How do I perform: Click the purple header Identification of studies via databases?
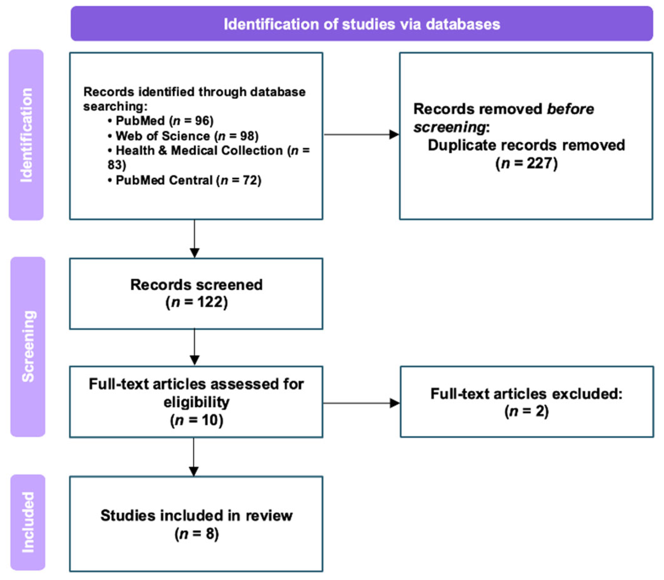tap(361, 24)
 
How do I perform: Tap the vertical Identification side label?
tap(26, 135)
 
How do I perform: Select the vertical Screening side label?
tap(28, 346)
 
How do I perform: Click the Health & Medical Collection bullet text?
tap(199, 151)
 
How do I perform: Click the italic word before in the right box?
tap(570, 109)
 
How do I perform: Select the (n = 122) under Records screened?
tap(196, 302)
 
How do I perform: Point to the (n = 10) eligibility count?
tap(196, 420)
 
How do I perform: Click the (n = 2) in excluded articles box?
tap(526, 411)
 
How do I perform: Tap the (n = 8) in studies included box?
tap(196, 534)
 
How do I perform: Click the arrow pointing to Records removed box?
tap(361, 134)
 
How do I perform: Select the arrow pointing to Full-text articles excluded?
tap(361, 403)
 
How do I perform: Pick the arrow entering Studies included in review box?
tap(194, 457)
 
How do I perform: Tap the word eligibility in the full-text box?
tap(196, 402)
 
